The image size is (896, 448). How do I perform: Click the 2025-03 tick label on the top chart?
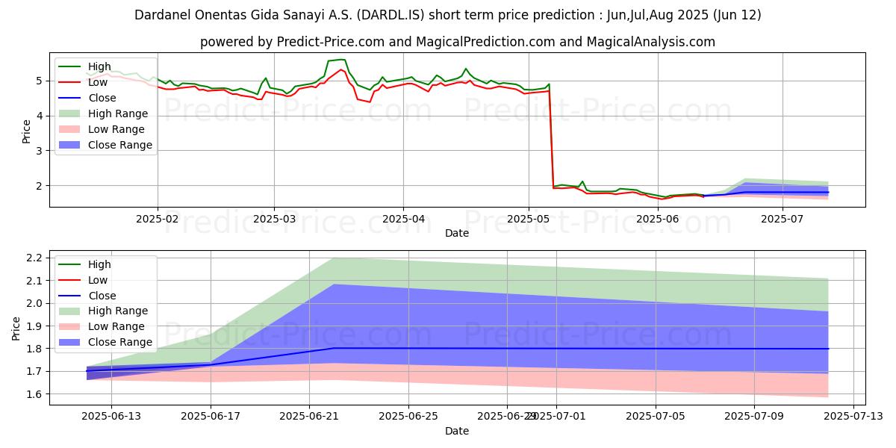coord(273,219)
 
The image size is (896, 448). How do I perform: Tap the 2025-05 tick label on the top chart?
coord(528,219)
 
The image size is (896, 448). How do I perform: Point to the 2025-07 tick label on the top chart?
coord(783,219)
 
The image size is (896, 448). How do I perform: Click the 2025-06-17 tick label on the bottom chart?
coord(211,416)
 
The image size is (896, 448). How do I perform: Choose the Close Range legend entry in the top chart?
coord(120,145)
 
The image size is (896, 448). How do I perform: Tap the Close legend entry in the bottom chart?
coord(102,296)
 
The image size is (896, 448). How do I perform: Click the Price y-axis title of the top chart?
coord(27,132)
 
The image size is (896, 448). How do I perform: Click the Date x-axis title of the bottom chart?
coord(457,431)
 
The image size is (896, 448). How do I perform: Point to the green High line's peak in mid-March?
coord(341,59)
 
